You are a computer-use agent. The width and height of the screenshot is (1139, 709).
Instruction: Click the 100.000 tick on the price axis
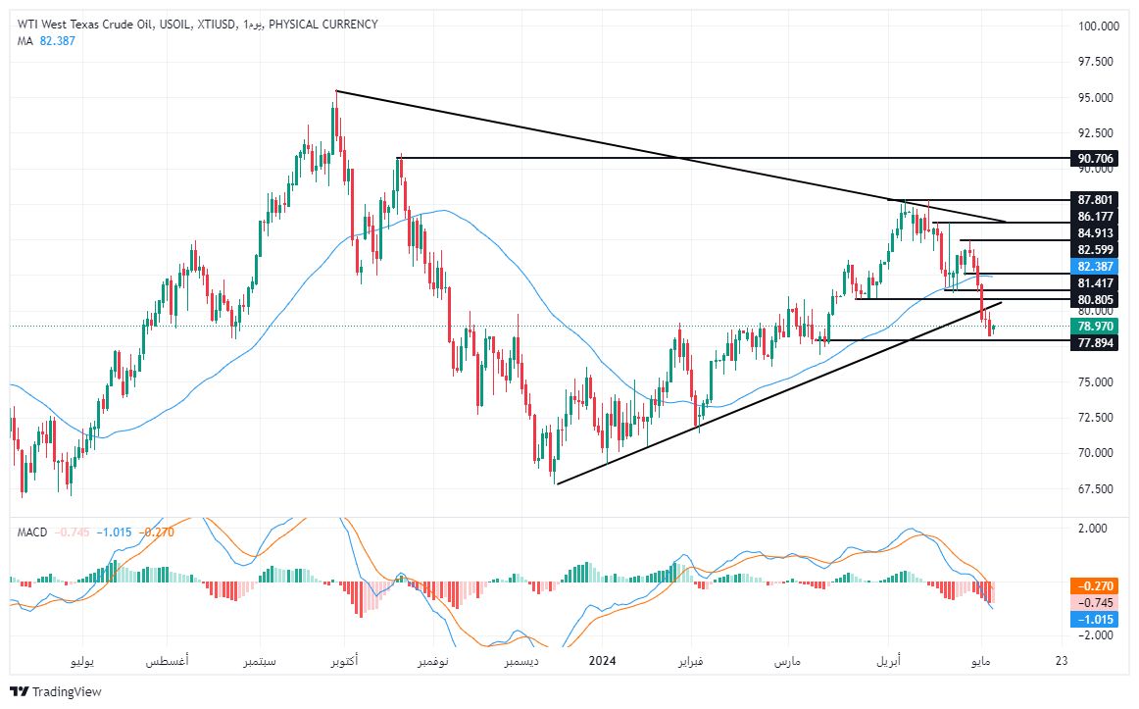point(1098,26)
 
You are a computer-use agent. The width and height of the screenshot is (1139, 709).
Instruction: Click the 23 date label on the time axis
point(1060,662)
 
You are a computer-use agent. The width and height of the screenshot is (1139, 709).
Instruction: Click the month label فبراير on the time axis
point(691,662)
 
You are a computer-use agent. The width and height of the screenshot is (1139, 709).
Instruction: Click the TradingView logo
point(56,691)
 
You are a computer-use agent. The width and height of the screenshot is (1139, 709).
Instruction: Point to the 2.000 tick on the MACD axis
point(1093,528)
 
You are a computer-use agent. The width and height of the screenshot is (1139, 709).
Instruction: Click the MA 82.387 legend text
point(46,40)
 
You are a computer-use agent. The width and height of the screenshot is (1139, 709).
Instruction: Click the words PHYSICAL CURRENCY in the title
point(322,24)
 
